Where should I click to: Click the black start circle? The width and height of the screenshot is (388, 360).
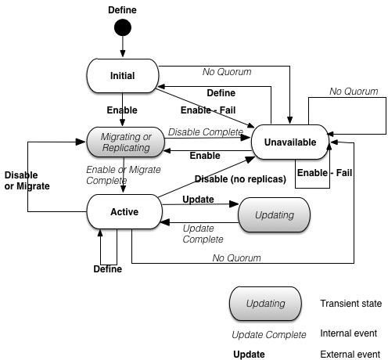pos(122,28)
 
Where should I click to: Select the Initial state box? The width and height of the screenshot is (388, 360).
pos(122,76)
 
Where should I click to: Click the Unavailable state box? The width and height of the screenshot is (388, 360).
pos(289,142)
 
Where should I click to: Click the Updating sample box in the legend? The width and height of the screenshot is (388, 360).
pos(264,303)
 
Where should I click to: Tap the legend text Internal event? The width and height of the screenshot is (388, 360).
pos(349,333)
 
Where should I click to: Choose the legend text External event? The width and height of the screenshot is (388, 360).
pos(350,354)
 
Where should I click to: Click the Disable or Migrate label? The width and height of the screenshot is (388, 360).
pos(27,180)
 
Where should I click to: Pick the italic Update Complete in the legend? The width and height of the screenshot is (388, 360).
pos(270,334)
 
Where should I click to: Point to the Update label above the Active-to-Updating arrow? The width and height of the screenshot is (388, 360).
pos(198,200)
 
